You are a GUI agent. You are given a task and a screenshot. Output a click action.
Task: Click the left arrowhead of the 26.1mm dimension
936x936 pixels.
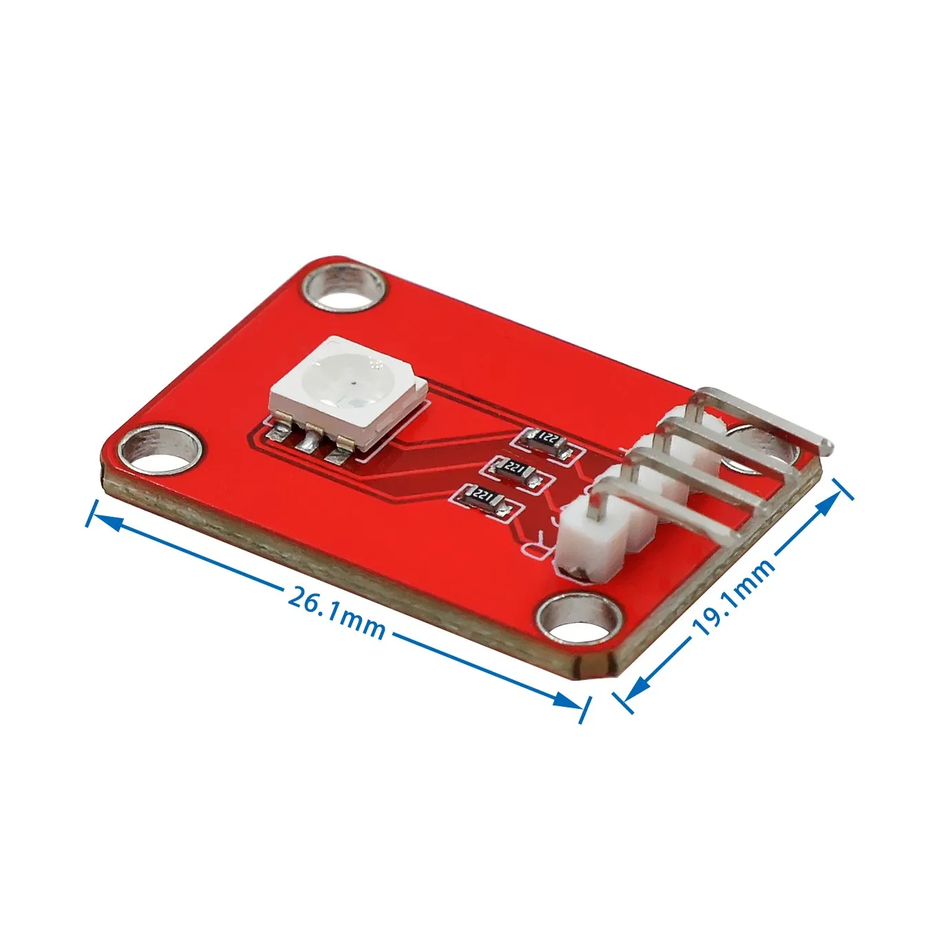(x=103, y=520)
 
